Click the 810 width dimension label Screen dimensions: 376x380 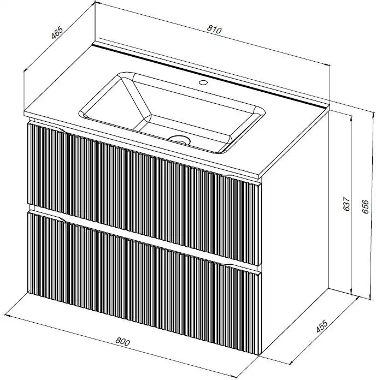214,29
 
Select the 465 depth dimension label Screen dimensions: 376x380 57,32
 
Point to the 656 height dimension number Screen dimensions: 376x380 365,206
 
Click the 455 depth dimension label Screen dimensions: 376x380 322,326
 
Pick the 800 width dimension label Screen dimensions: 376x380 122,341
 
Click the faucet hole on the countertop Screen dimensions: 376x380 203,82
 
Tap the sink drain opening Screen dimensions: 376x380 179,140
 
